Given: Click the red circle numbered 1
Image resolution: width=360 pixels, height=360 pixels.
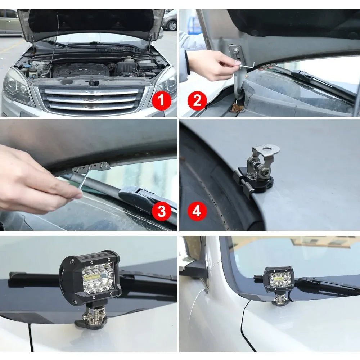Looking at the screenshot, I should click(x=162, y=100).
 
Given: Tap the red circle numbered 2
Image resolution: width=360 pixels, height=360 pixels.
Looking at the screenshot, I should click(x=197, y=100).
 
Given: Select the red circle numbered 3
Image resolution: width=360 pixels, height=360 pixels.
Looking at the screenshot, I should click(x=162, y=212).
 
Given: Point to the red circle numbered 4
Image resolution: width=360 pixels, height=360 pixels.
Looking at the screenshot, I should click(x=197, y=212).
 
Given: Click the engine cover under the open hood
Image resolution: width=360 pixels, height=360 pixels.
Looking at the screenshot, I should click(x=81, y=69).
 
